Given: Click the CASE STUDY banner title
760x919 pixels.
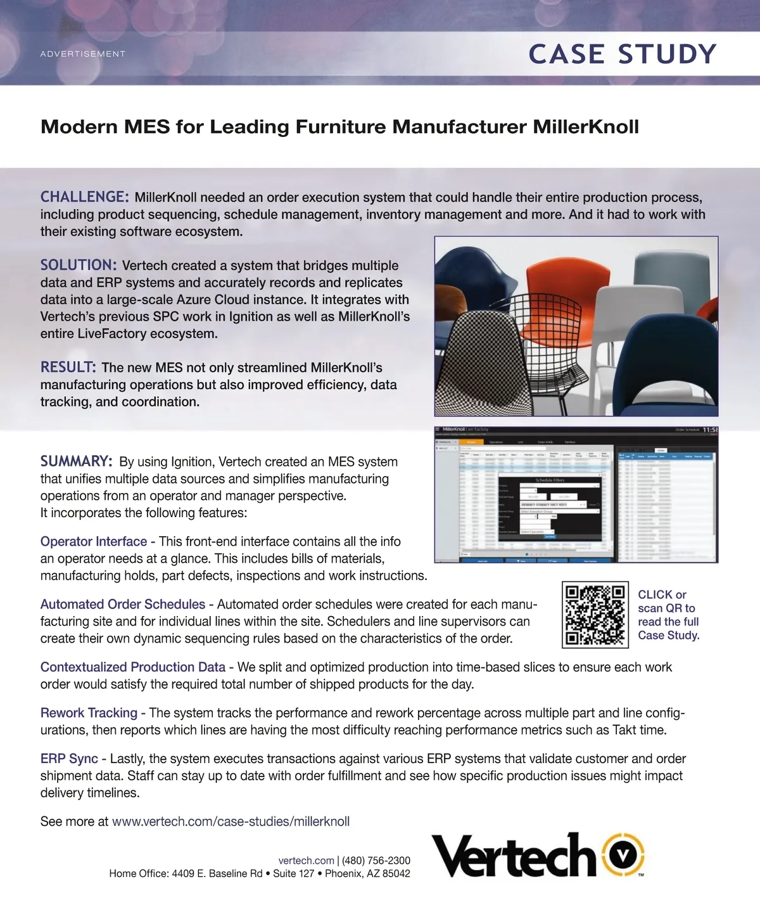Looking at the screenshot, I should click(x=622, y=55).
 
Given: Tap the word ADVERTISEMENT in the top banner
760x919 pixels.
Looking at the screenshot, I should click(x=83, y=54).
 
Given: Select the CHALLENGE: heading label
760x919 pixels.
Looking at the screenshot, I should click(x=84, y=197).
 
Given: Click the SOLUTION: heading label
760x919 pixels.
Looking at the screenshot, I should click(x=79, y=265).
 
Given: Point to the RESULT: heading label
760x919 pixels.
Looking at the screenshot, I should click(x=68, y=367).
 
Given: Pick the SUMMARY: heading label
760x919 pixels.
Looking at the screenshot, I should click(x=77, y=461).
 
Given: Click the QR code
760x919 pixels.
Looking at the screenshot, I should click(x=595, y=614).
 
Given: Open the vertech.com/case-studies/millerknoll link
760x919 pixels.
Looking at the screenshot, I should click(x=231, y=821).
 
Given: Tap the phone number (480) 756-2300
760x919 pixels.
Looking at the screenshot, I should click(x=376, y=860).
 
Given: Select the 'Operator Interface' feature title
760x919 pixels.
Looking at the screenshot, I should click(x=94, y=541).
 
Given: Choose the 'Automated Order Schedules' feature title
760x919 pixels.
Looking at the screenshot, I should click(x=123, y=604).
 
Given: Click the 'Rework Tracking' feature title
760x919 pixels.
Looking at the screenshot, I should click(x=89, y=712).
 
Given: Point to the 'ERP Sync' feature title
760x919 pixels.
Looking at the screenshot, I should click(x=69, y=758).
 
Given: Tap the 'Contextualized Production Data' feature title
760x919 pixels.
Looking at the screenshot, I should click(x=133, y=667).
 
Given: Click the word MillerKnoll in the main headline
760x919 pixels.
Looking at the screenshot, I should click(x=586, y=127).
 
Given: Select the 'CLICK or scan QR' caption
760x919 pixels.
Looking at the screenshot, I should click(x=668, y=614).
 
